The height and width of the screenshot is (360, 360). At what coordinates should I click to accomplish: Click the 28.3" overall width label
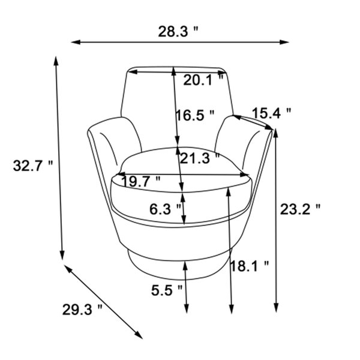coord(178,31)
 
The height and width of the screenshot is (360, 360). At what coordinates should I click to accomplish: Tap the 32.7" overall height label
coord(33,166)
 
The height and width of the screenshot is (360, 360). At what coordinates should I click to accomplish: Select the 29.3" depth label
coord(82,309)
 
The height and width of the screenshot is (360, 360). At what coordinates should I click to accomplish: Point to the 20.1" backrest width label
coord(203,80)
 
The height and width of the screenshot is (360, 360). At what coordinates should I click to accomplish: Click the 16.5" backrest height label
coord(195,115)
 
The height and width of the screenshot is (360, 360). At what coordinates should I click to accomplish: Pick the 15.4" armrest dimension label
coord(272,113)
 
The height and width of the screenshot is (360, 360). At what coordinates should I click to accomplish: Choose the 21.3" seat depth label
coord(199,158)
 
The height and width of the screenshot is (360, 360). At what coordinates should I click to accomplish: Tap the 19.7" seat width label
coord(141,181)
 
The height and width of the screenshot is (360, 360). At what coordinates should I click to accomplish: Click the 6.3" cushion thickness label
coord(166,209)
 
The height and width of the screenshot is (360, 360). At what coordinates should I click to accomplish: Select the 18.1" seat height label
coord(250,266)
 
